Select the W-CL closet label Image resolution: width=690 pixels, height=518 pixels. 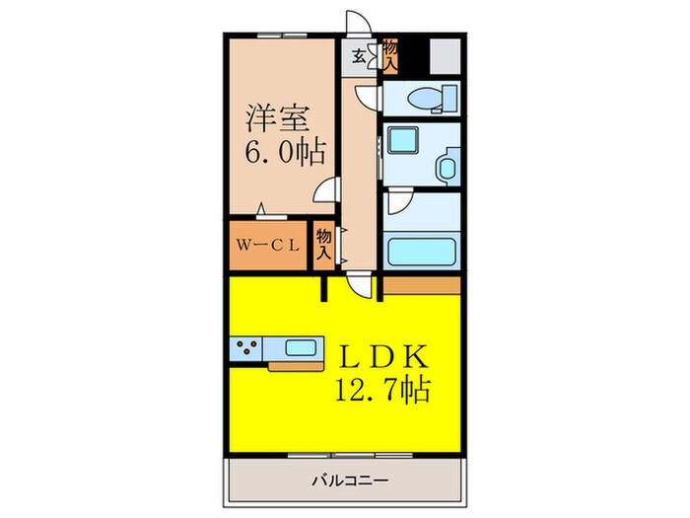pos(266,246)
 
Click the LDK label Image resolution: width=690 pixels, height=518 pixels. pos(384,357)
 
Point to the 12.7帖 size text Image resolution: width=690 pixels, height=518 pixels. pos(382,390)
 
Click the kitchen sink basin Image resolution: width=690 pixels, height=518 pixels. pos(301,346)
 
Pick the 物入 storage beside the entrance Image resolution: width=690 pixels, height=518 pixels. pos(391,55)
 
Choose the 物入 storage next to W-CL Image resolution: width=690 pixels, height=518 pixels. pos(323,245)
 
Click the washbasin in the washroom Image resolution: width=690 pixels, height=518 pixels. pos(448,166)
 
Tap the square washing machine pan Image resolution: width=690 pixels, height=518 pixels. pos(403,141)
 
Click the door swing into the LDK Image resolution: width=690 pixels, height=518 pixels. pos(366,286)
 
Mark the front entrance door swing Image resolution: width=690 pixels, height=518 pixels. pos(360,27)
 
